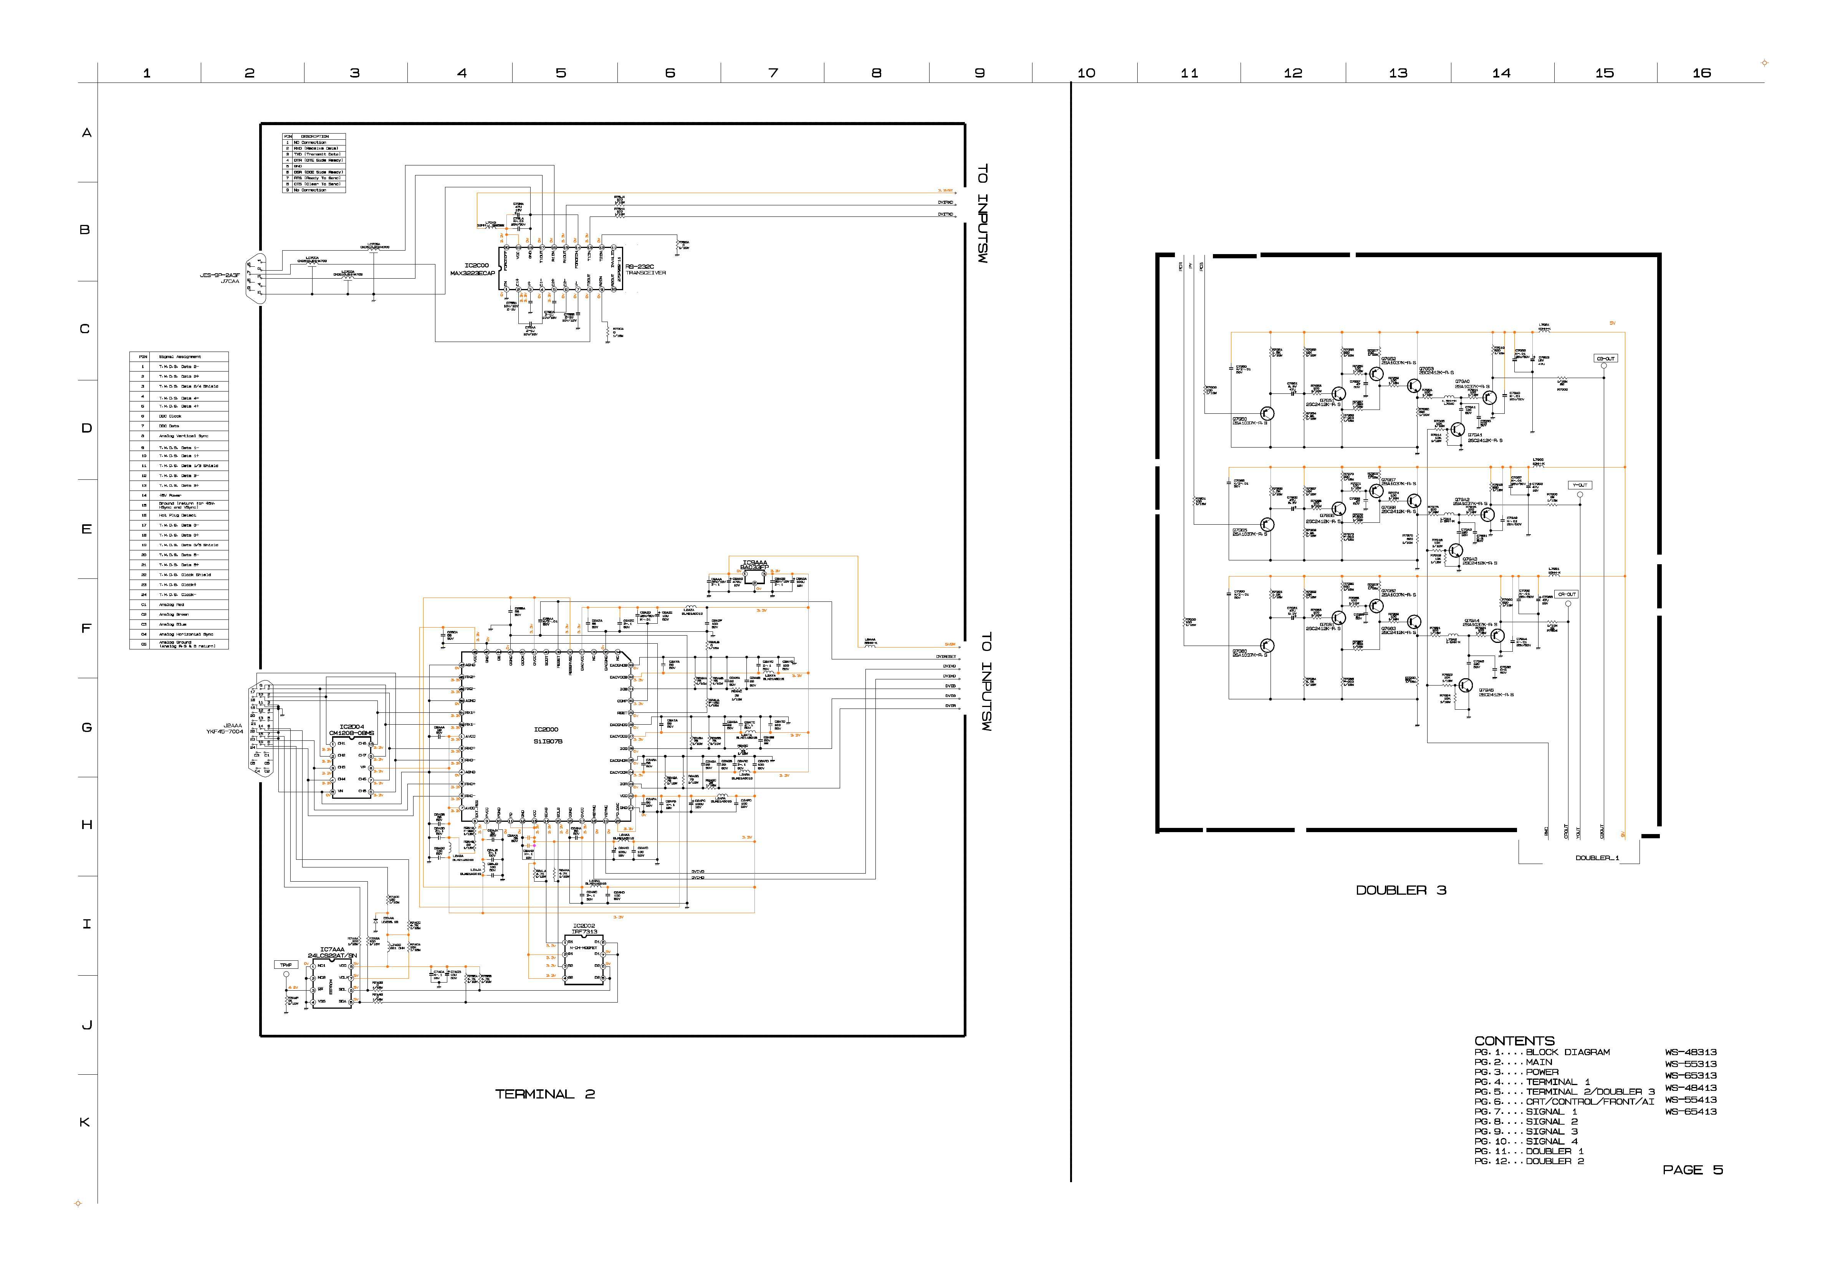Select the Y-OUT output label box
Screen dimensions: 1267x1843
tap(1579, 485)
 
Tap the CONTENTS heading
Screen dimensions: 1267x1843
tap(1514, 1041)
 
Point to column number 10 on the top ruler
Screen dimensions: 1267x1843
tap(1085, 73)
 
